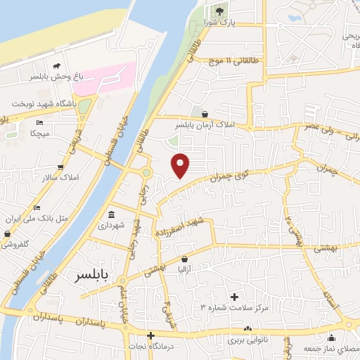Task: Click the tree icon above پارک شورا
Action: pos(219,11)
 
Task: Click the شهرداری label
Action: pos(111,226)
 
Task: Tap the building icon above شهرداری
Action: pos(111,214)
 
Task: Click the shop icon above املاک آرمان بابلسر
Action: pos(205,113)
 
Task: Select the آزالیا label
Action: pos(185,269)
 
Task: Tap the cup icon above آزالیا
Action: pos(185,258)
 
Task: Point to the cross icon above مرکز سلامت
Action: pos(235,296)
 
